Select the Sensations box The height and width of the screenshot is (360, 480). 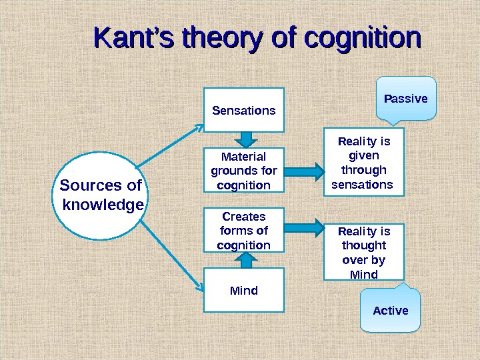244,110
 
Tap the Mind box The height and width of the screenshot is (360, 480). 244,291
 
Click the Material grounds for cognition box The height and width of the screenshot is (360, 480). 244,171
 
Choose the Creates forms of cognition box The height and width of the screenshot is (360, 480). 244,231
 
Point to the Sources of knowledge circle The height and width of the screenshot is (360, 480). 102,195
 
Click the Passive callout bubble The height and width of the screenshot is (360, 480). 406,99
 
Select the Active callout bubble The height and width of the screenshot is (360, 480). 391,310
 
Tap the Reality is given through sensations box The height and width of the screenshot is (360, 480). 364,163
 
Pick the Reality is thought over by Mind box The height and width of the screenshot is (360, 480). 364,252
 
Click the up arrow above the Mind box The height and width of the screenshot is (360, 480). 245,261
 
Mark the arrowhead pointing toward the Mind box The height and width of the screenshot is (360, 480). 199,287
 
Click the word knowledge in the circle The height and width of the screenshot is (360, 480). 103,205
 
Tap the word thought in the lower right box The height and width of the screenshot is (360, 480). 364,245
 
